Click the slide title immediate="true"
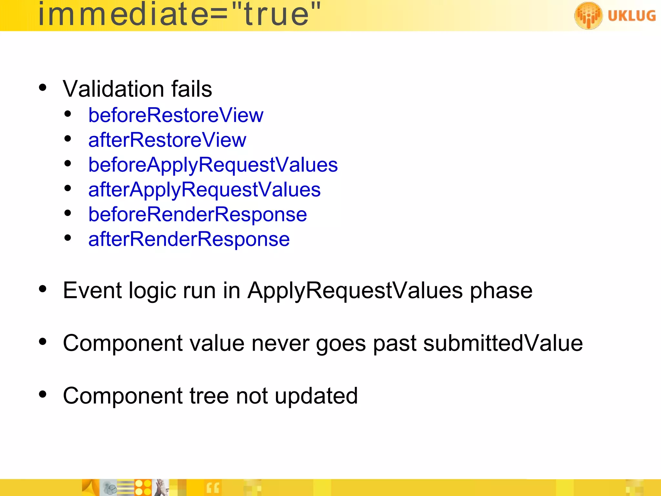point(179,15)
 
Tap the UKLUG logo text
point(632,15)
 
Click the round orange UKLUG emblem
point(588,15)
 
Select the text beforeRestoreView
point(176,115)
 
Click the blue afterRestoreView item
point(167,140)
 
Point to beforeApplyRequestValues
point(213,165)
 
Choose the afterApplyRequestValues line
point(204,190)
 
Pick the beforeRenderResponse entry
point(198,215)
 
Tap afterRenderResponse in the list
point(189,240)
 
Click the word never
point(280,343)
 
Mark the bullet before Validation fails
point(43,88)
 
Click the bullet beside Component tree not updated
point(43,394)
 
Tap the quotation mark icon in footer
point(213,488)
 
